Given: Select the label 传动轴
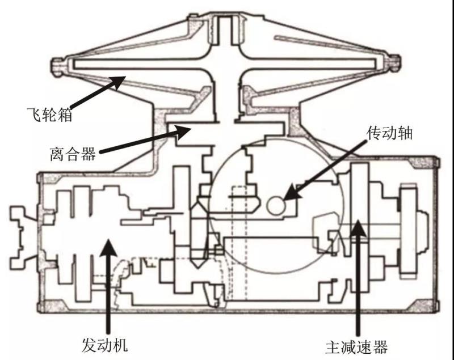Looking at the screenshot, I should click(389, 134).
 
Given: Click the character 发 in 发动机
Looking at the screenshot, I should click(90, 344).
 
